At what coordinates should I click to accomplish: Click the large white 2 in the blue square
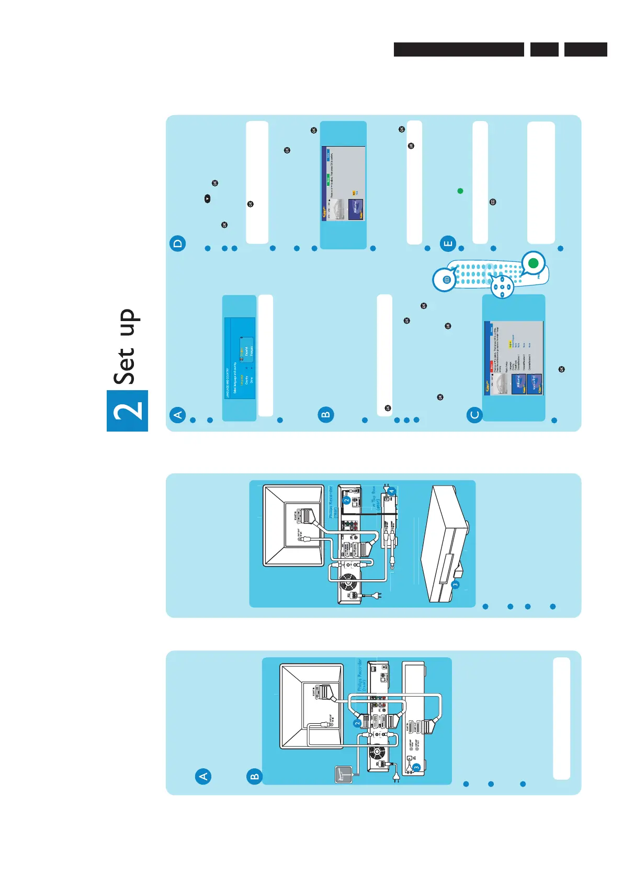pyautogui.click(x=127, y=411)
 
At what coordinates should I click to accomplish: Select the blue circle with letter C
pyautogui.click(x=474, y=415)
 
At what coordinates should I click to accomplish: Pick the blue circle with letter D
pyautogui.click(x=178, y=244)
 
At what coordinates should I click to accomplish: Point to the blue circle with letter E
pyautogui.click(x=448, y=244)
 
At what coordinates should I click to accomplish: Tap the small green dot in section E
pyautogui.click(x=460, y=191)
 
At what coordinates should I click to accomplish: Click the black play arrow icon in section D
pyautogui.click(x=208, y=199)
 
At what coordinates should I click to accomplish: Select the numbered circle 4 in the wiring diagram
pyautogui.click(x=391, y=492)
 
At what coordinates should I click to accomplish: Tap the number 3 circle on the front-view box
pyautogui.click(x=456, y=585)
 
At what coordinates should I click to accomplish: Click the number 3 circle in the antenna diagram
pyautogui.click(x=416, y=767)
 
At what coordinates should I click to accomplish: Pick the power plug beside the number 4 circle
pyautogui.click(x=386, y=487)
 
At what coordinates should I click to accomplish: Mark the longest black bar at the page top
pyautogui.click(x=459, y=49)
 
